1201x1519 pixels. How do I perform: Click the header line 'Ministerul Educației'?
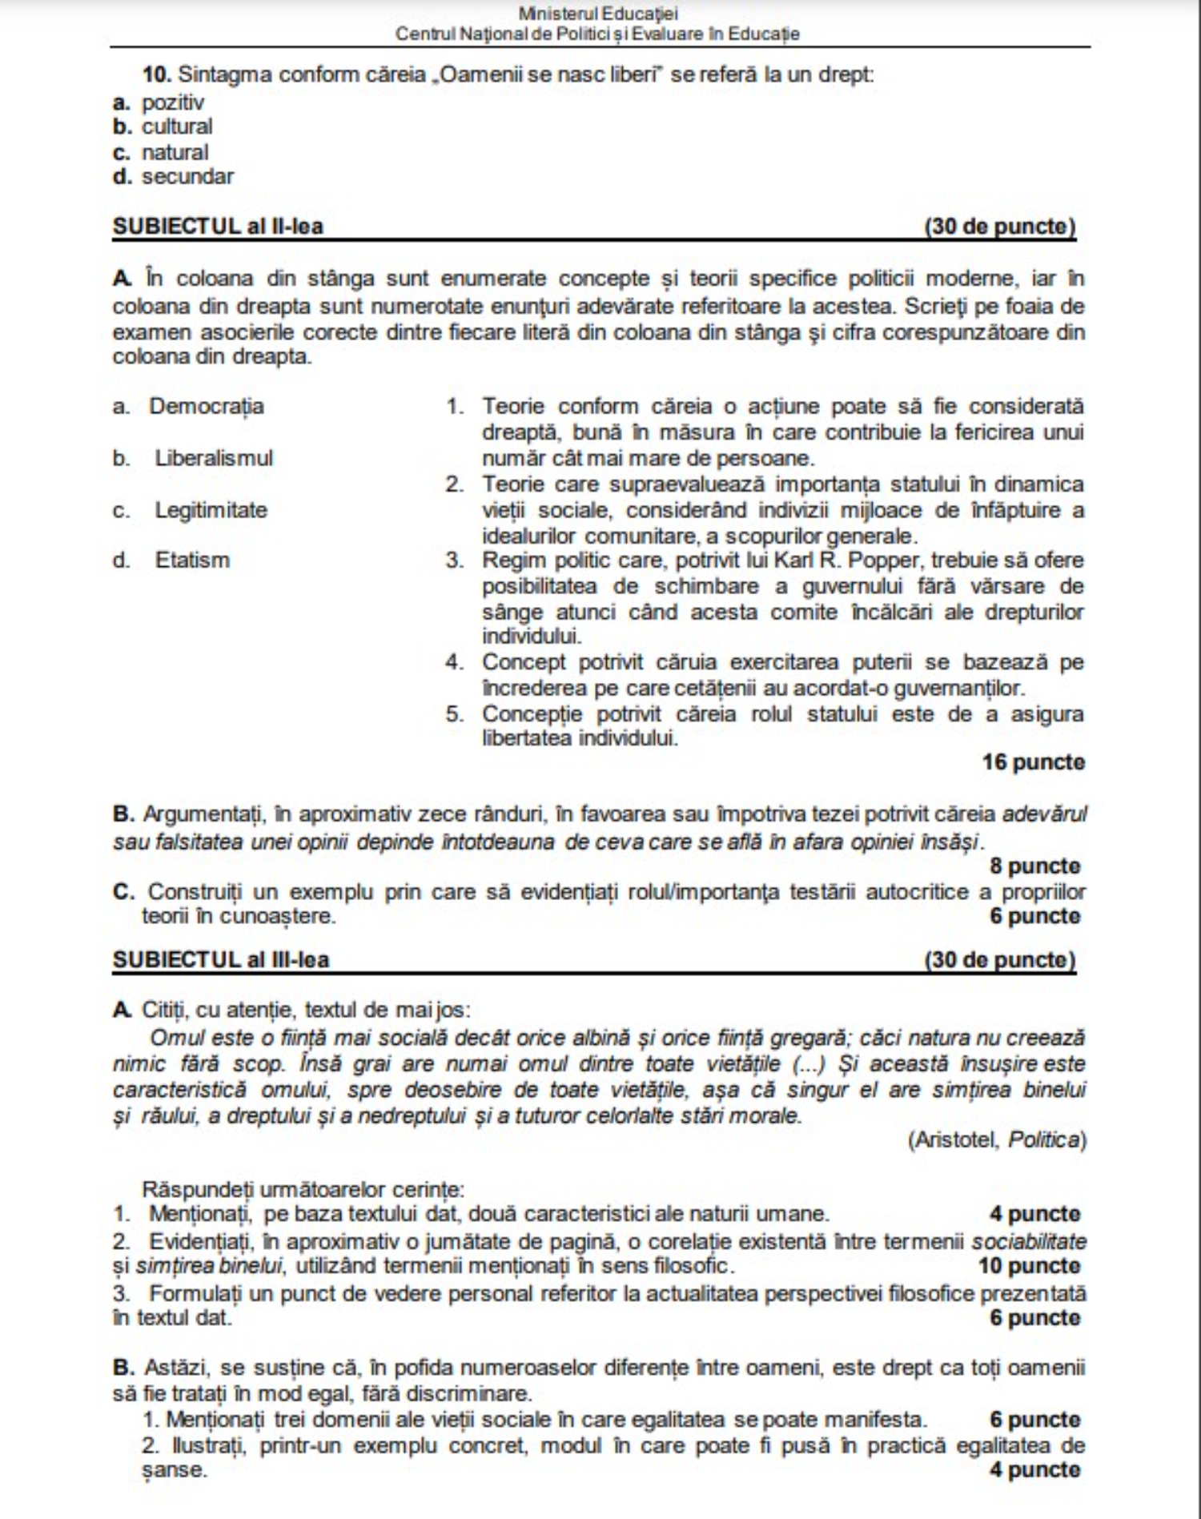[x=598, y=14]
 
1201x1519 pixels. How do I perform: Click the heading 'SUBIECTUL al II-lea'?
[x=218, y=227]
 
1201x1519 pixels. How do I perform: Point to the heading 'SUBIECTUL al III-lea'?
[x=221, y=959]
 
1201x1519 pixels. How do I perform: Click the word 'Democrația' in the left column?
[x=207, y=406]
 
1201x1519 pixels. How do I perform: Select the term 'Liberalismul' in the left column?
[x=214, y=458]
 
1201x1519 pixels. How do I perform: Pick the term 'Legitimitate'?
[x=211, y=510]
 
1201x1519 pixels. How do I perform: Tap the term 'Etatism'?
[x=192, y=560]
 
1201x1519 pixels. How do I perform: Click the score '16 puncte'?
[x=1033, y=762]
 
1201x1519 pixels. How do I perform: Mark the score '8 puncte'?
[x=1034, y=866]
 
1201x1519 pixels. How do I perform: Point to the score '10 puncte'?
[x=1029, y=1266]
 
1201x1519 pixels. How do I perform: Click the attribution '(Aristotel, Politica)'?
[x=997, y=1139]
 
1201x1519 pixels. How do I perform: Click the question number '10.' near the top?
[x=157, y=74]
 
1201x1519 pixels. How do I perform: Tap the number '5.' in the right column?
[x=455, y=713]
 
